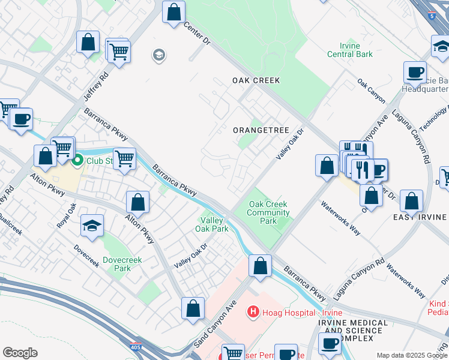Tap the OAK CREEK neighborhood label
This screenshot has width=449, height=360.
[256, 80]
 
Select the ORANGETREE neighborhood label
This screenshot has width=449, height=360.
[261, 130]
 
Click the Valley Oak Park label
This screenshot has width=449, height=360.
[211, 224]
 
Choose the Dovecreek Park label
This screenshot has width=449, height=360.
[117, 264]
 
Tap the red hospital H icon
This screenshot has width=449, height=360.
[253, 313]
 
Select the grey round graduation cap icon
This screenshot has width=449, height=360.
[159, 56]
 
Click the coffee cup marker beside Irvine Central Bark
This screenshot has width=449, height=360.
[414, 72]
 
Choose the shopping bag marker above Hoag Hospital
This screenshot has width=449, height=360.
[261, 265]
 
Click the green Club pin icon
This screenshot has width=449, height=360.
[77, 161]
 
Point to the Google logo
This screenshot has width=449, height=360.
[20, 353]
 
